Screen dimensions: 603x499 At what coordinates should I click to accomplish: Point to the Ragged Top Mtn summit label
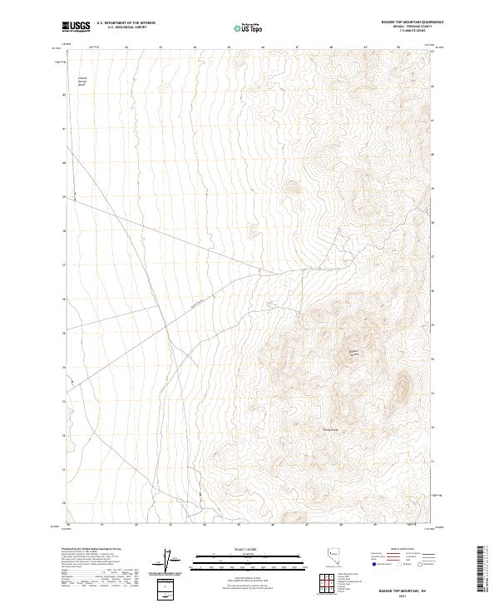pyautogui.click(x=352, y=353)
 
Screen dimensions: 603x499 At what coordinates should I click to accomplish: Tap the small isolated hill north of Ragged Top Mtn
pyautogui.click(x=291, y=187)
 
